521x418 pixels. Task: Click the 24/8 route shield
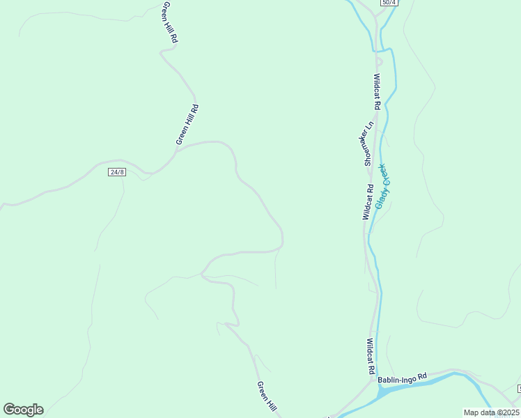tap(117, 172)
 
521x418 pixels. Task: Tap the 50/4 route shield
tap(389, 3)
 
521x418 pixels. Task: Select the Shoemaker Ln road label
tap(369, 143)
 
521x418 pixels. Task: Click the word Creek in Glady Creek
tap(384, 174)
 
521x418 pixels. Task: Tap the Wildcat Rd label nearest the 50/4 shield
tap(377, 91)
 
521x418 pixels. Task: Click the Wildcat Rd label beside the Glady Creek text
tap(367, 202)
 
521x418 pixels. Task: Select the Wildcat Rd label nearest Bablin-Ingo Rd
tap(371, 356)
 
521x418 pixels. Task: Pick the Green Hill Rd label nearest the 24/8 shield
tap(188, 125)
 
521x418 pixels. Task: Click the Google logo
tap(23, 410)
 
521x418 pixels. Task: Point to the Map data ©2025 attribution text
tap(491, 412)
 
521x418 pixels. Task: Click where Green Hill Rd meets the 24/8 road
tap(176, 151)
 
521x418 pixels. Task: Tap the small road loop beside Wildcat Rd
tap(379, 61)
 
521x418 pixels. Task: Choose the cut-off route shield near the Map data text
tap(518, 387)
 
